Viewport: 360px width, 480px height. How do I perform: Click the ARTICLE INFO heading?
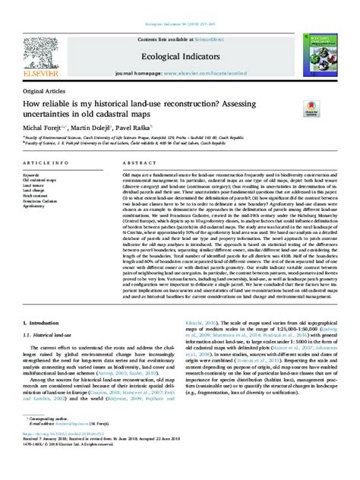(x=48, y=163)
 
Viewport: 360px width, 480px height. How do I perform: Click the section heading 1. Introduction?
(x=45, y=343)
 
